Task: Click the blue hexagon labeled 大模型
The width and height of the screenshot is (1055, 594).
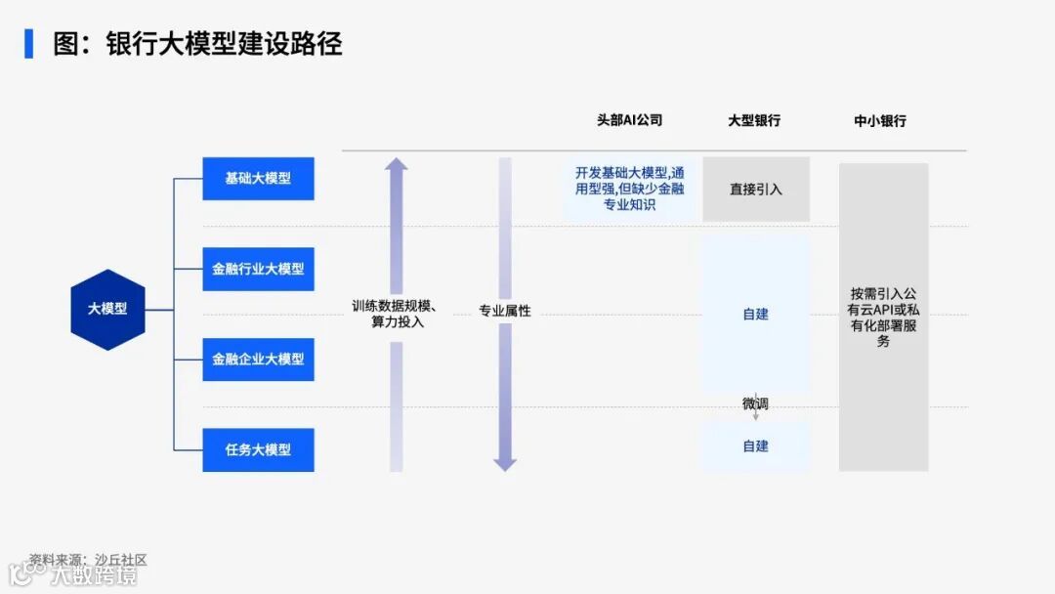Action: click(107, 309)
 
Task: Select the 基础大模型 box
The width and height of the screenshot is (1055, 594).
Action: click(258, 179)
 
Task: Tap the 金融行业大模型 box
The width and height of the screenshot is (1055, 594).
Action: click(258, 269)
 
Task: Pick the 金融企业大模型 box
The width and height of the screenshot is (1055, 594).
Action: click(258, 359)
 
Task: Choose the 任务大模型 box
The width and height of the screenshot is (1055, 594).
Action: click(258, 449)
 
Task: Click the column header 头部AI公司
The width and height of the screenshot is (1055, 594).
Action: click(629, 120)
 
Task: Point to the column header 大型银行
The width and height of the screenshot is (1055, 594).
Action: click(754, 121)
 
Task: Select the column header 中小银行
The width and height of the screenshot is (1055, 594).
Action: click(880, 121)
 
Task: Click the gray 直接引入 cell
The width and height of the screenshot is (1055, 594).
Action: click(756, 190)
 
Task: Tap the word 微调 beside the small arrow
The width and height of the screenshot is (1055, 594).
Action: click(755, 403)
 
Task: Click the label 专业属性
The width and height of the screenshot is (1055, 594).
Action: click(505, 312)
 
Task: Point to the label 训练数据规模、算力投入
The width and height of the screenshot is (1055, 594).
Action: click(396, 314)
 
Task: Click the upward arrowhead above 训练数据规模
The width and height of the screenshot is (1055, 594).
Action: click(396, 164)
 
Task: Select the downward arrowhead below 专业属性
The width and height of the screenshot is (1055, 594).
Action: click(505, 463)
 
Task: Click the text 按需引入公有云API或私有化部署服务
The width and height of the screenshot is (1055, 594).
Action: click(883, 318)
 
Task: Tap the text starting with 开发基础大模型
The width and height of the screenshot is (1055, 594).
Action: click(629, 189)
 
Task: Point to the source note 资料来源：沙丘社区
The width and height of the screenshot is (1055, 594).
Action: click(87, 560)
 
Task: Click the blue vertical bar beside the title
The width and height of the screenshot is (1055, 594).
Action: click(28, 44)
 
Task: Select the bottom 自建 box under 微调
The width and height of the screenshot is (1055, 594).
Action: click(756, 446)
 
